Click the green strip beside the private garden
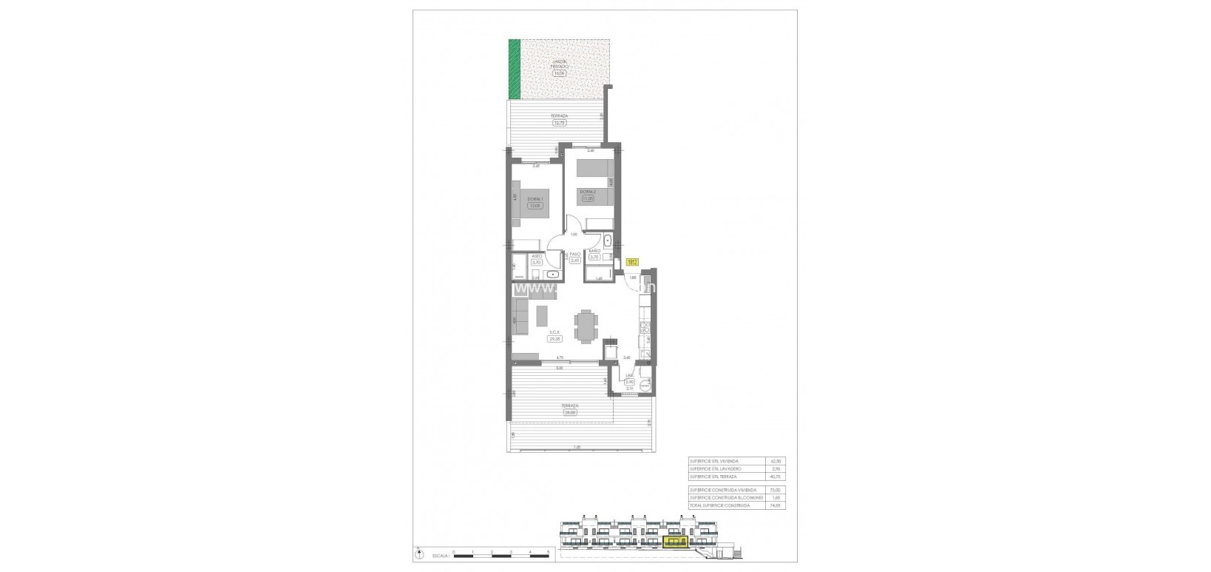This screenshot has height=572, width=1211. click(x=514, y=68)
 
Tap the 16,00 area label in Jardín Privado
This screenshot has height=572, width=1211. click(x=559, y=73)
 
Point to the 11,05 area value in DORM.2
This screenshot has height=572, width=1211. click(x=588, y=198)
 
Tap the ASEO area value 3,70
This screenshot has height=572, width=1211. click(x=537, y=262)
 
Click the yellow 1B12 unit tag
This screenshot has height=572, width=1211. click(x=632, y=261)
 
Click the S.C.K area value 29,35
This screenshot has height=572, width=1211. click(x=554, y=338)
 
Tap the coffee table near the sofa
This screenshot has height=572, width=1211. click(x=543, y=314)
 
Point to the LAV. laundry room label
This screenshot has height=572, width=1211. click(x=629, y=376)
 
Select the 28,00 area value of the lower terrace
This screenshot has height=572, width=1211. click(x=569, y=413)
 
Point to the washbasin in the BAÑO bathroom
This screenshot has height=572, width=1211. click(x=606, y=240)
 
